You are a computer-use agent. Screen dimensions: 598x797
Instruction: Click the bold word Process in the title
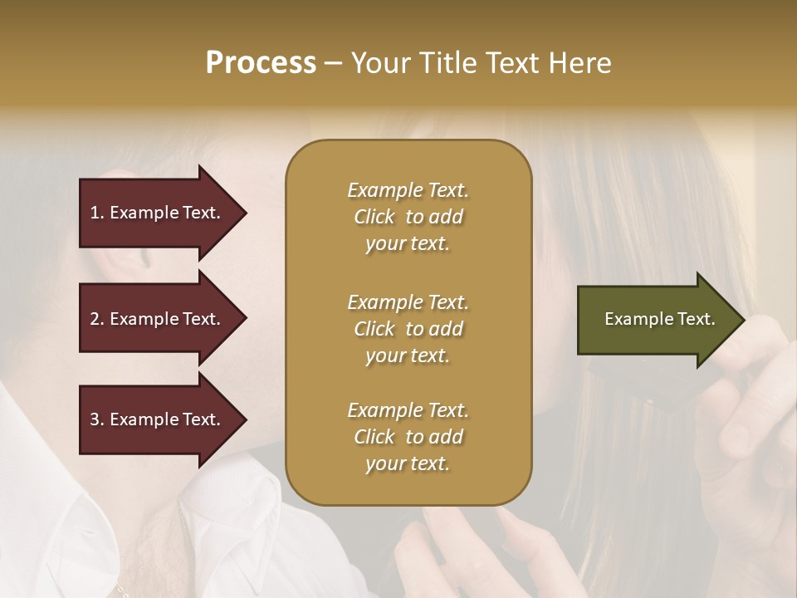pyautogui.click(x=261, y=63)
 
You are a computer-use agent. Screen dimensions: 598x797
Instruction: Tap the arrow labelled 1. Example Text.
pyautogui.click(x=158, y=213)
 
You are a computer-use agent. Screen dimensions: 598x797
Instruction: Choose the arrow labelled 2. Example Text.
pyautogui.click(x=158, y=319)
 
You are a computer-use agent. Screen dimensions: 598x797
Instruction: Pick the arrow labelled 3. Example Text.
pyautogui.click(x=158, y=419)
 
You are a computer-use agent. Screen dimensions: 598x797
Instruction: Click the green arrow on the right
pyautogui.click(x=656, y=319)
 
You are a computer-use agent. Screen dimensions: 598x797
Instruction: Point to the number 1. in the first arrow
pyautogui.click(x=97, y=213)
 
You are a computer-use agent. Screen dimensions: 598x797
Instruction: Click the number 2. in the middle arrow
pyautogui.click(x=97, y=319)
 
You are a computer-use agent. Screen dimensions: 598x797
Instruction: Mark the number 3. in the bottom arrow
pyautogui.click(x=97, y=419)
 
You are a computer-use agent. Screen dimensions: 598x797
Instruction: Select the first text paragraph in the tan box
pyautogui.click(x=408, y=217)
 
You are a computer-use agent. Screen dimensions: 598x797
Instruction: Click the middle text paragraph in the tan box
pyautogui.click(x=408, y=328)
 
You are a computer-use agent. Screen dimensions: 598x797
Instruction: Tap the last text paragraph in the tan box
pyautogui.click(x=408, y=437)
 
